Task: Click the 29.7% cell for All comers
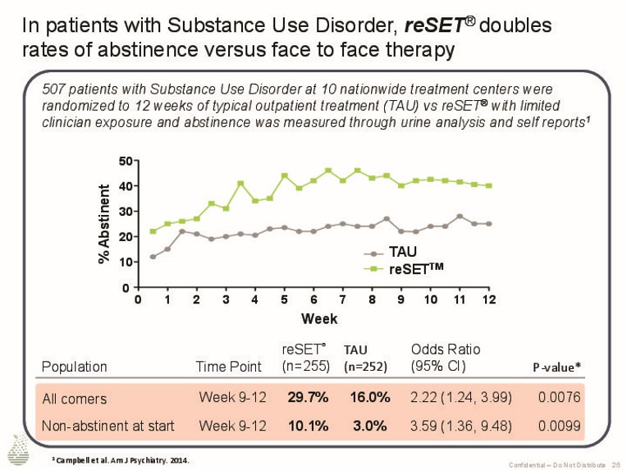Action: coord(308,398)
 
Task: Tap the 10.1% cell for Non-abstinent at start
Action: coord(308,427)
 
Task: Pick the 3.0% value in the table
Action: coord(369,427)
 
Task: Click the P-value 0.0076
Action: coord(559,398)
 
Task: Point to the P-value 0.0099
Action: coord(559,427)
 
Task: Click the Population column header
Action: coord(74,367)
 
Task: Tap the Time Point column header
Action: coord(228,367)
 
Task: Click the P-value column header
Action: coord(557,367)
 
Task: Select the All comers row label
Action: coord(74,399)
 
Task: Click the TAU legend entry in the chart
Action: coord(402,253)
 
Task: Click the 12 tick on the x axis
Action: coord(489,300)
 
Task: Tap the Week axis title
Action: coord(318,318)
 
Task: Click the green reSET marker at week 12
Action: coord(489,185)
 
